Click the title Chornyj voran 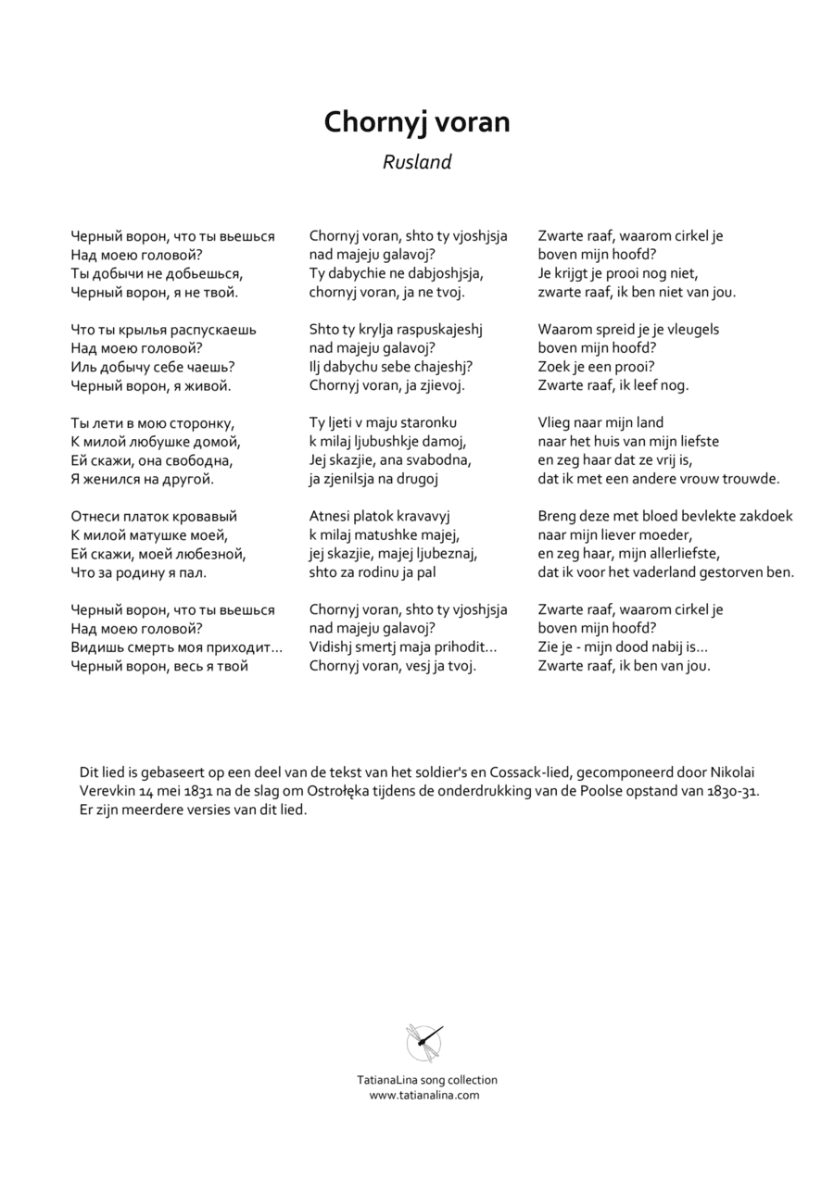tap(417, 122)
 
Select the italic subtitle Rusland tap(417, 162)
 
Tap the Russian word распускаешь tap(212, 330)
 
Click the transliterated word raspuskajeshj tap(427, 330)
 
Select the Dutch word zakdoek tap(764, 516)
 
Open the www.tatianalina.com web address tap(424, 1095)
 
